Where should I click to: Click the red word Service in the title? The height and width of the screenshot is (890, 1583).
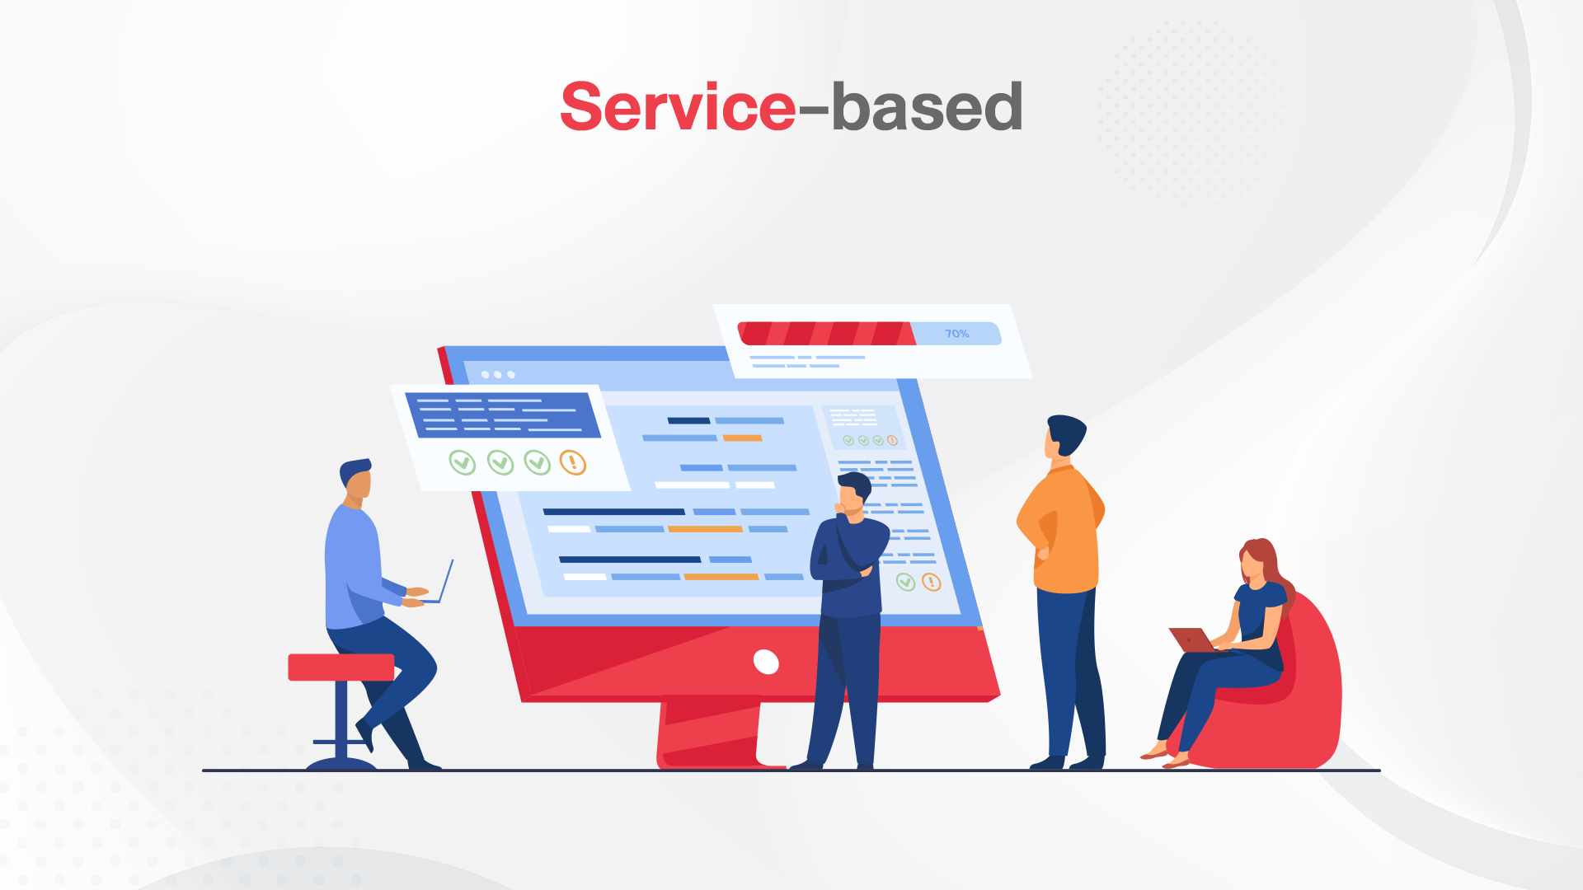(678, 107)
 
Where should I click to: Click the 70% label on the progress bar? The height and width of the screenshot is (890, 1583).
(956, 334)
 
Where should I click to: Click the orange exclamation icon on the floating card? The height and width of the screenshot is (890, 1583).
(573, 462)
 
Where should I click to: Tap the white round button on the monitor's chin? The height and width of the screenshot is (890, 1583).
(766, 662)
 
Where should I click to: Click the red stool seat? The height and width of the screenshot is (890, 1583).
(341, 667)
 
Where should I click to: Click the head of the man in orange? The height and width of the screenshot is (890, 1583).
(1064, 437)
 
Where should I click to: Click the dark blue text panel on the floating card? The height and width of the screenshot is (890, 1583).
(503, 415)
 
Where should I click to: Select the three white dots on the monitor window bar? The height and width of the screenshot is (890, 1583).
(498, 375)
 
